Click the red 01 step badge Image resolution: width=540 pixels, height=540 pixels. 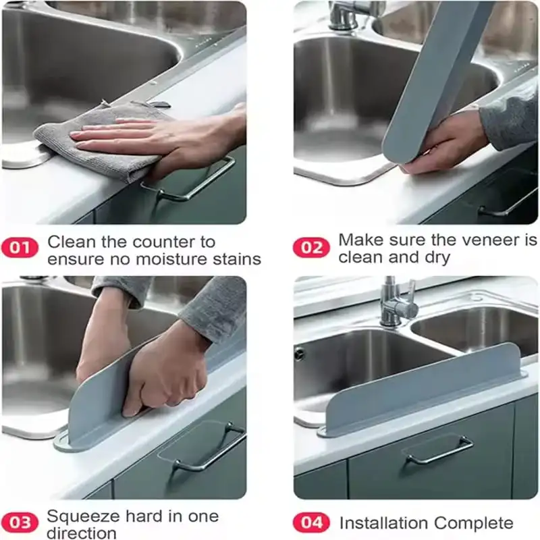20,247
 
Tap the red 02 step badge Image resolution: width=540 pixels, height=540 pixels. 311,247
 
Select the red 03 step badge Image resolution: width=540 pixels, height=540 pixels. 20,522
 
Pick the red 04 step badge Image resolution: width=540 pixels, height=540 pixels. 311,522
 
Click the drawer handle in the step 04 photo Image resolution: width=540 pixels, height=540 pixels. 439,449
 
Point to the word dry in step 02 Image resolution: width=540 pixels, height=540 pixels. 437,258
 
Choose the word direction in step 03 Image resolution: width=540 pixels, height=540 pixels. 81,533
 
